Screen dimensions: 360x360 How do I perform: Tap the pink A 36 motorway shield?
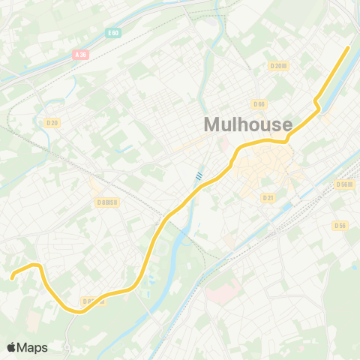pyautogui.click(x=81, y=54)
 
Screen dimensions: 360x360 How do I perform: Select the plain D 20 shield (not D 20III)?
pyautogui.click(x=52, y=123)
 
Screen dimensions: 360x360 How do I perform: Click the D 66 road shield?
pyautogui.click(x=259, y=104)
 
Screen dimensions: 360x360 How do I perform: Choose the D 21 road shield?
pyautogui.click(x=268, y=197)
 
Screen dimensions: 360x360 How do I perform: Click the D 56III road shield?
pyautogui.click(x=344, y=184)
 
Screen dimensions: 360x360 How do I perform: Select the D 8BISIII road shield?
pyautogui.click(x=108, y=202)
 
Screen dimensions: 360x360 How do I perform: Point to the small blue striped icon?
pyautogui.click(x=199, y=176)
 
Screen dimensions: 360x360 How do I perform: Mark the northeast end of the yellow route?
pyautogui.click(x=349, y=48)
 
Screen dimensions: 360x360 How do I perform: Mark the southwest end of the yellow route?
pyautogui.click(x=12, y=278)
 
